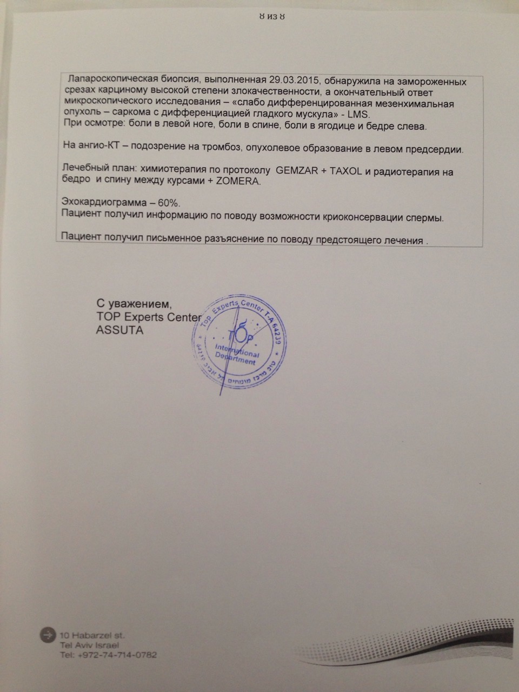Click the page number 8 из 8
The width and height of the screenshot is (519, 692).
pyautogui.click(x=272, y=17)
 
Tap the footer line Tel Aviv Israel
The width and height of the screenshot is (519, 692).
pyautogui.click(x=89, y=645)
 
